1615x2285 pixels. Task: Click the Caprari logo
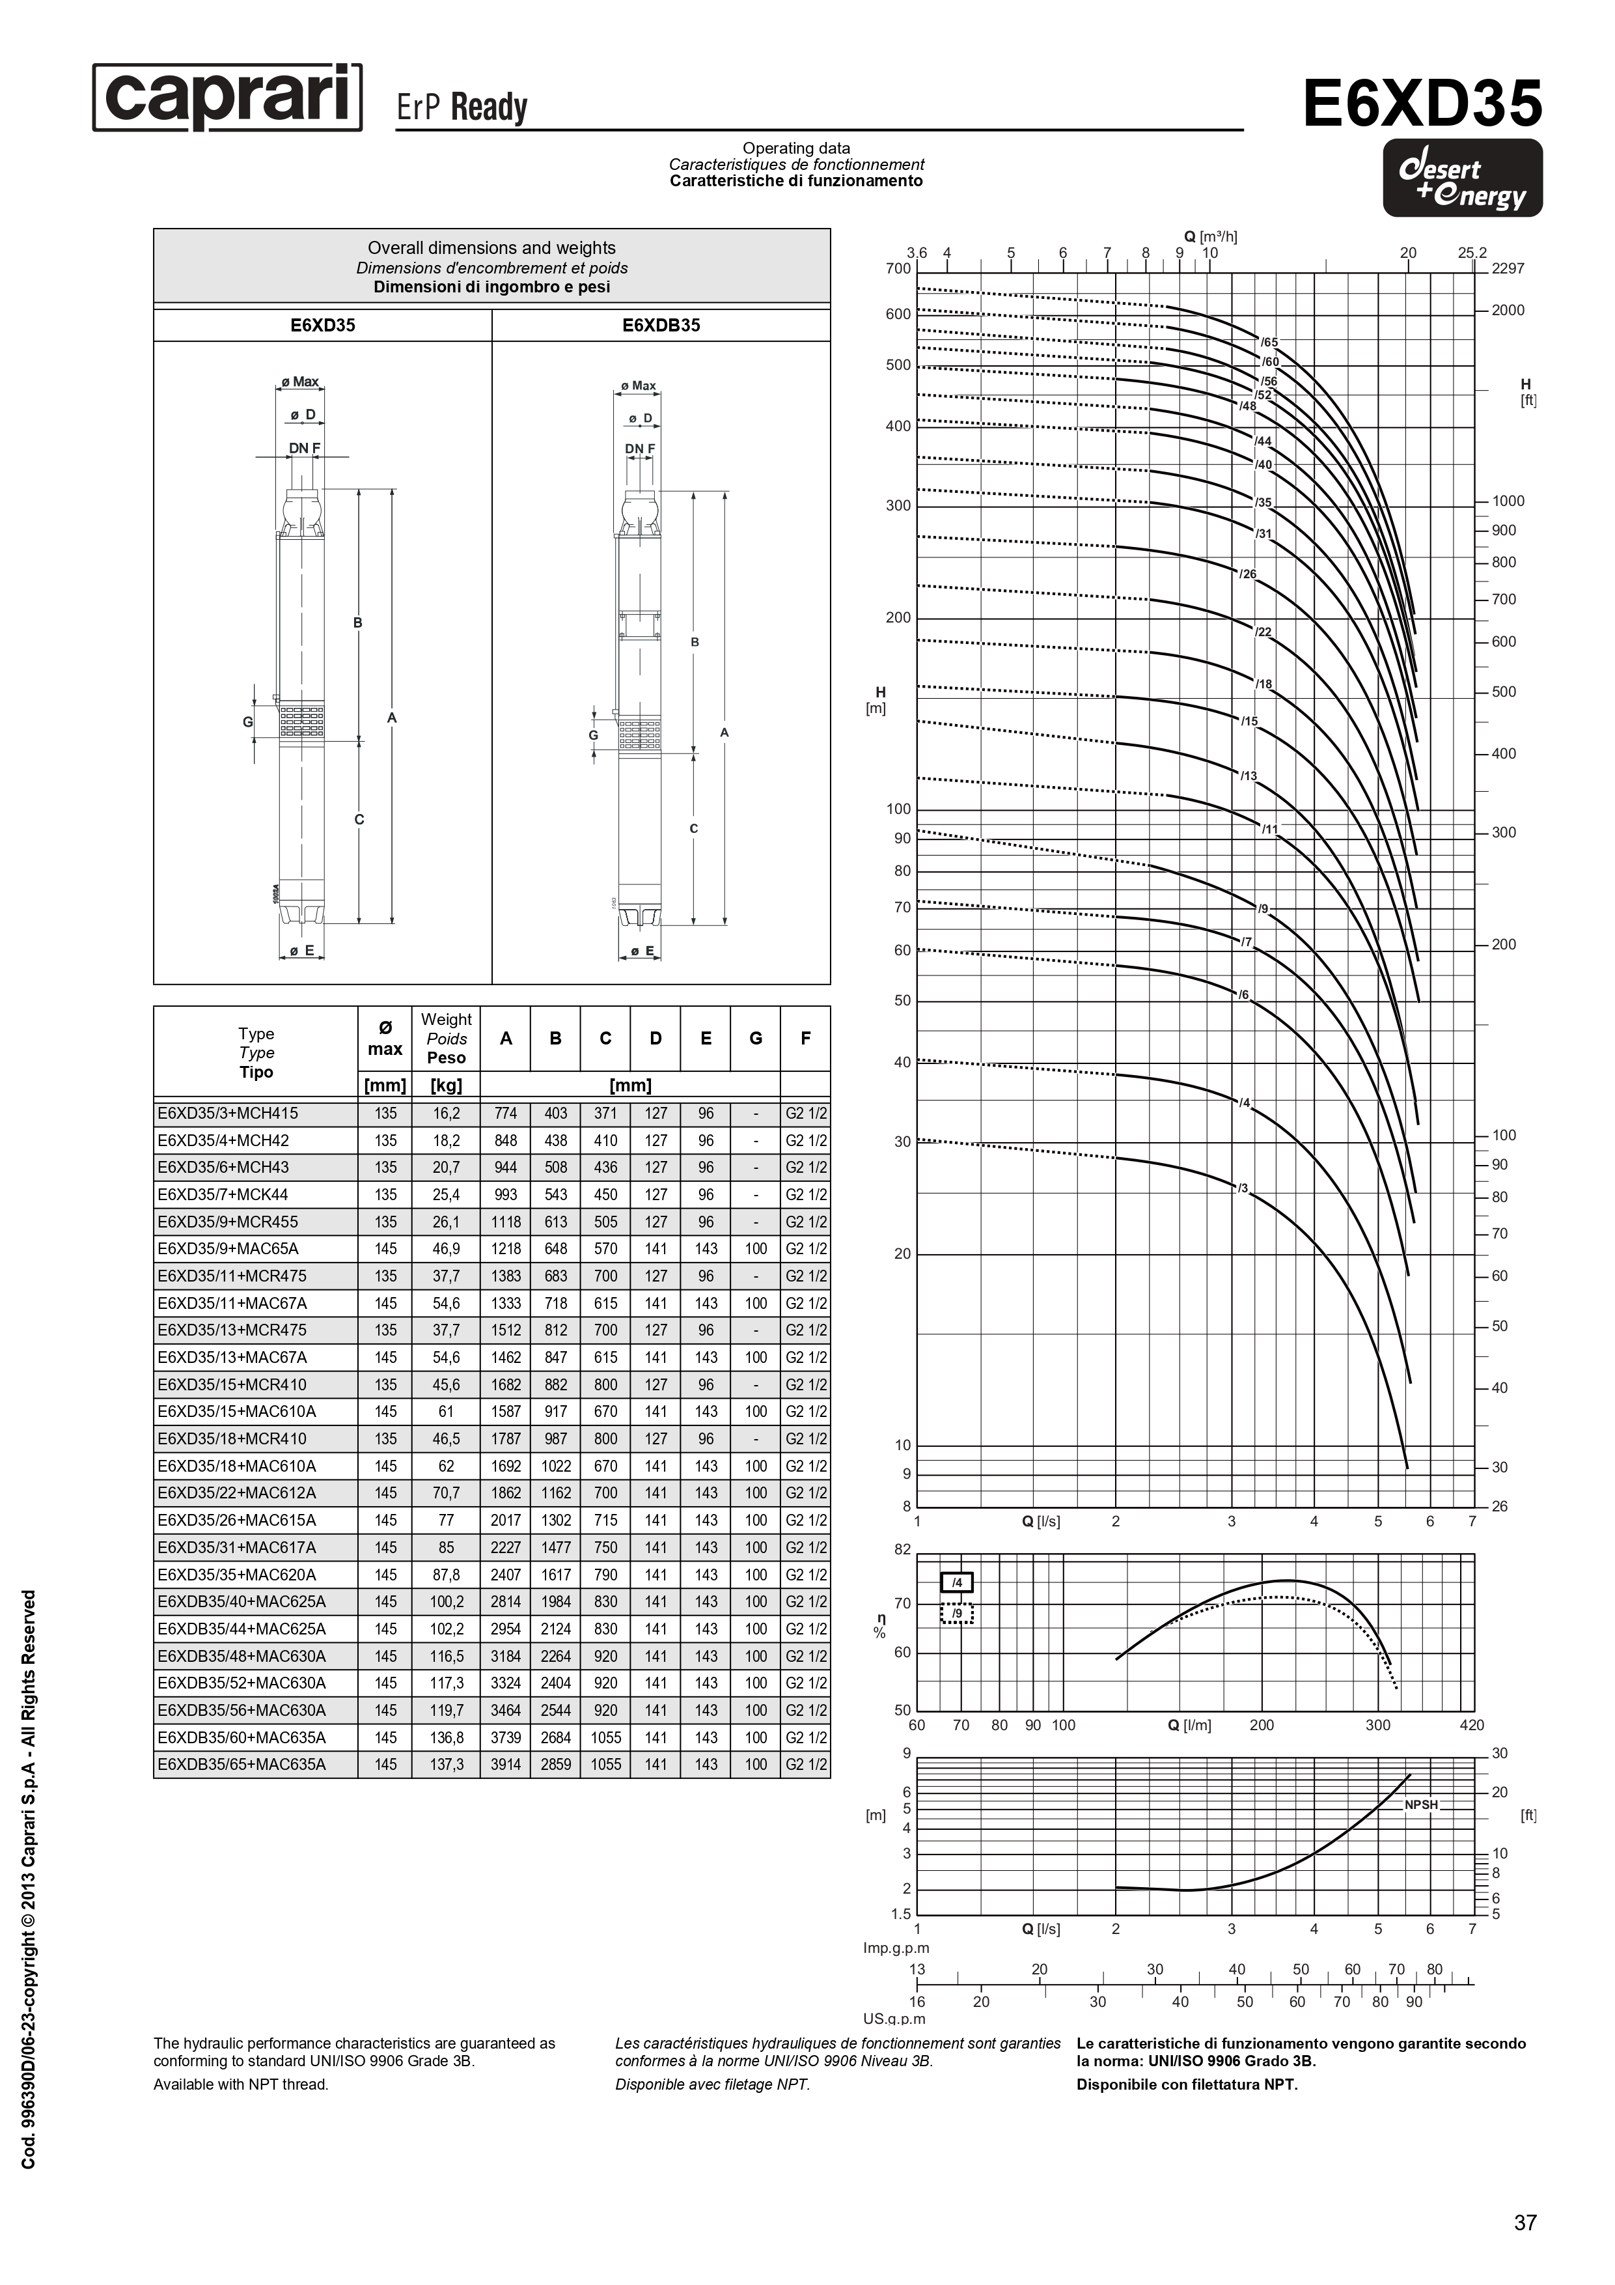click(x=227, y=98)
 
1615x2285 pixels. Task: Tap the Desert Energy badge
click(x=1462, y=179)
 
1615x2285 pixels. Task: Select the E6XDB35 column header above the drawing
click(x=661, y=326)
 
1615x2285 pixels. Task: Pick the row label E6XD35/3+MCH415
click(x=228, y=1114)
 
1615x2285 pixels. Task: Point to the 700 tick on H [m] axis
click(x=898, y=269)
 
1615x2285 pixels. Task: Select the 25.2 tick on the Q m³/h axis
click(x=1472, y=253)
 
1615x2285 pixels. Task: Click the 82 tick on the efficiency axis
click(x=902, y=1550)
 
